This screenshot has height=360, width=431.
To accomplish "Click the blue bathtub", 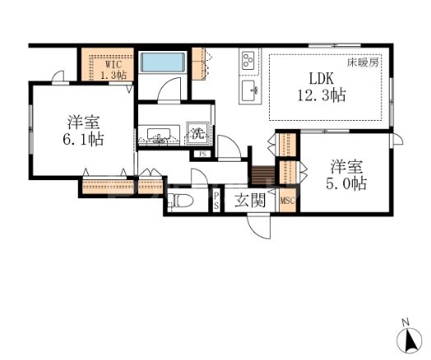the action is [x=163, y=62].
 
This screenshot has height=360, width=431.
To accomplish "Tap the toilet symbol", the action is [x=180, y=201].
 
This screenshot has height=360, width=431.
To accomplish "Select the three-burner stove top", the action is [x=248, y=62].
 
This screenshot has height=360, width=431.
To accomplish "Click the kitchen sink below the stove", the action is [x=249, y=92].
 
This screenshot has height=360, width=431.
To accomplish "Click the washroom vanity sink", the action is [x=159, y=135].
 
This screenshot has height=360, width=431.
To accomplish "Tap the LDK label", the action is [x=322, y=79].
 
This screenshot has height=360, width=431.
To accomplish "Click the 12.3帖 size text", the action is [x=322, y=95].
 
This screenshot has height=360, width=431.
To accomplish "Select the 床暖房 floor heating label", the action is [x=363, y=62].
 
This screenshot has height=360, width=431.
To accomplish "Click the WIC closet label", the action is [x=114, y=65].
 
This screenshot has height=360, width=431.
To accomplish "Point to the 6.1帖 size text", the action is [x=83, y=140].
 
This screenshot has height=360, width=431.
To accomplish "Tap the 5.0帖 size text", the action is [x=346, y=184].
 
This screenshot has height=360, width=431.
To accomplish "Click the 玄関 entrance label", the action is [x=250, y=200].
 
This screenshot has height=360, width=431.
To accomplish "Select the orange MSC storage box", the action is [x=288, y=201].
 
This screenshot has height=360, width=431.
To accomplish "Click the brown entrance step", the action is [x=263, y=175].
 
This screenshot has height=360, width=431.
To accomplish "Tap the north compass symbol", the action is [x=410, y=336].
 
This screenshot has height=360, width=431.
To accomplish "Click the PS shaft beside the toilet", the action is [x=216, y=201].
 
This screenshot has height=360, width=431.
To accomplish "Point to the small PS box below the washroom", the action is [x=202, y=154].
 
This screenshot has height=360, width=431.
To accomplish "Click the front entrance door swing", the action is [x=259, y=227].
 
